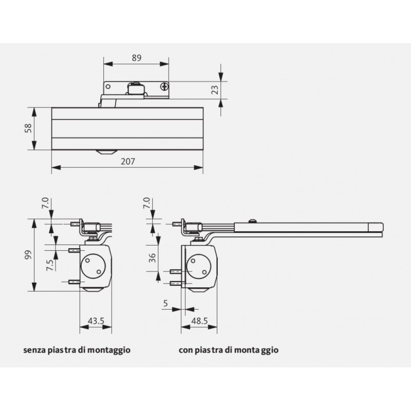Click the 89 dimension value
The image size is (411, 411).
click(136, 58)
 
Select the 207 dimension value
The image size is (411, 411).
click(128, 161)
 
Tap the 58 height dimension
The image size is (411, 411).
click(29, 128)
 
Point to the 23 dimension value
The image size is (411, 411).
click(215, 90)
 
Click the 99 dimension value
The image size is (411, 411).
click(29, 255)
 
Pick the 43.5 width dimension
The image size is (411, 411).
click(96, 321)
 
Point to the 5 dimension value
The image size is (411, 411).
click(165, 303)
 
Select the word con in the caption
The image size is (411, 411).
click(186, 350)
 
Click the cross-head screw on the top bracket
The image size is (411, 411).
click(164, 86)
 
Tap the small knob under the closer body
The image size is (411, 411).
click(106, 152)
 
